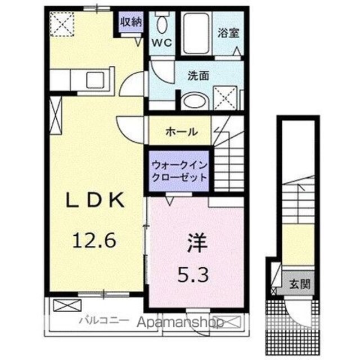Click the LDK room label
point(95,200)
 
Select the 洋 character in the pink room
point(197,243)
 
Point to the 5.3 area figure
point(193,275)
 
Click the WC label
point(162,43)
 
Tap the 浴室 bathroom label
point(228,33)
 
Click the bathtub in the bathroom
point(196,34)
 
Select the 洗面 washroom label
point(199,75)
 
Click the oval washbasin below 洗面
point(194,101)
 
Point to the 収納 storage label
point(132,22)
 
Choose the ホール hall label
point(182,132)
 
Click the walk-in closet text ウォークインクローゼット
point(179,171)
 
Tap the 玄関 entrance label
point(300,284)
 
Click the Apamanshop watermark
point(181,322)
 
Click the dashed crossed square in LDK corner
point(62,24)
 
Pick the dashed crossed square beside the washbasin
point(225,98)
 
